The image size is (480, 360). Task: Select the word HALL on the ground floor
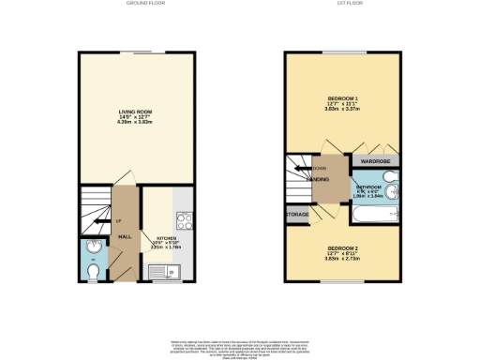[124, 237]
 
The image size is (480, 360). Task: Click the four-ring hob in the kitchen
[183, 224]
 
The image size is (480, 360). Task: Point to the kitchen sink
[172, 272]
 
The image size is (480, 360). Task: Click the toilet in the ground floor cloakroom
[92, 271]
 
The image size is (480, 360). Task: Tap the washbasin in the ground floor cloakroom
[90, 247]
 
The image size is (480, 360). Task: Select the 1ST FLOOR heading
[344, 4]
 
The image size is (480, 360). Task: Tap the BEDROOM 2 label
[343, 247]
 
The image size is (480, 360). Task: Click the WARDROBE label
[375, 161]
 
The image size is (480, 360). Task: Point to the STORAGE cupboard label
[298, 215]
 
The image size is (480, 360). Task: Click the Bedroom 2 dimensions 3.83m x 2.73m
[343, 259]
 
